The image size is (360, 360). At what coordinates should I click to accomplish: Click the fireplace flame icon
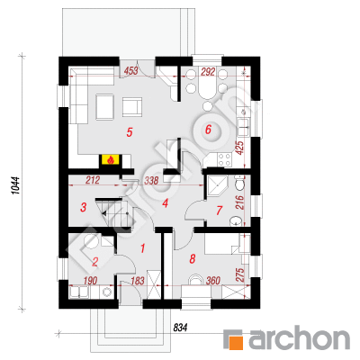(111, 160)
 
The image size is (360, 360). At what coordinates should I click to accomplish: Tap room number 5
(130, 132)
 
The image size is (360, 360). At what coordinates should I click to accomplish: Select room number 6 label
(208, 130)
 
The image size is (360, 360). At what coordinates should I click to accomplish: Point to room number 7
(220, 211)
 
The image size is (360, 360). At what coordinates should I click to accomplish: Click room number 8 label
(193, 258)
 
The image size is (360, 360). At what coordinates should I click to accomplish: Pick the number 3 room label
(84, 207)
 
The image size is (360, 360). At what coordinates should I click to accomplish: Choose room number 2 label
(94, 262)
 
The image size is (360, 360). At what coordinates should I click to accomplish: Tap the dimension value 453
(130, 71)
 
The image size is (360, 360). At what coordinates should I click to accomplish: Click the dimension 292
(208, 72)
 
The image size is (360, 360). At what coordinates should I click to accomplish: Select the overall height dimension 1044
(16, 185)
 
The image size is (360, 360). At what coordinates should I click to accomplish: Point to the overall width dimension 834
(180, 328)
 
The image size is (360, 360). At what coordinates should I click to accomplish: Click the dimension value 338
(151, 180)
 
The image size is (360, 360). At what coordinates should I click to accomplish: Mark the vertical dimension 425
(240, 148)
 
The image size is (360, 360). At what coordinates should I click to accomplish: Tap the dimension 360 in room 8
(213, 281)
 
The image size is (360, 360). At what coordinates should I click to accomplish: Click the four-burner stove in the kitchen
(224, 159)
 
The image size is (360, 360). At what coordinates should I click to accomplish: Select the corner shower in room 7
(217, 185)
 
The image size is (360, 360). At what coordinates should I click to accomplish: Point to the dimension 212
(92, 180)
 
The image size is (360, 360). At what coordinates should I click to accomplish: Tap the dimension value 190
(90, 281)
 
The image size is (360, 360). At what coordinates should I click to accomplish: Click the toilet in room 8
(195, 280)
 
